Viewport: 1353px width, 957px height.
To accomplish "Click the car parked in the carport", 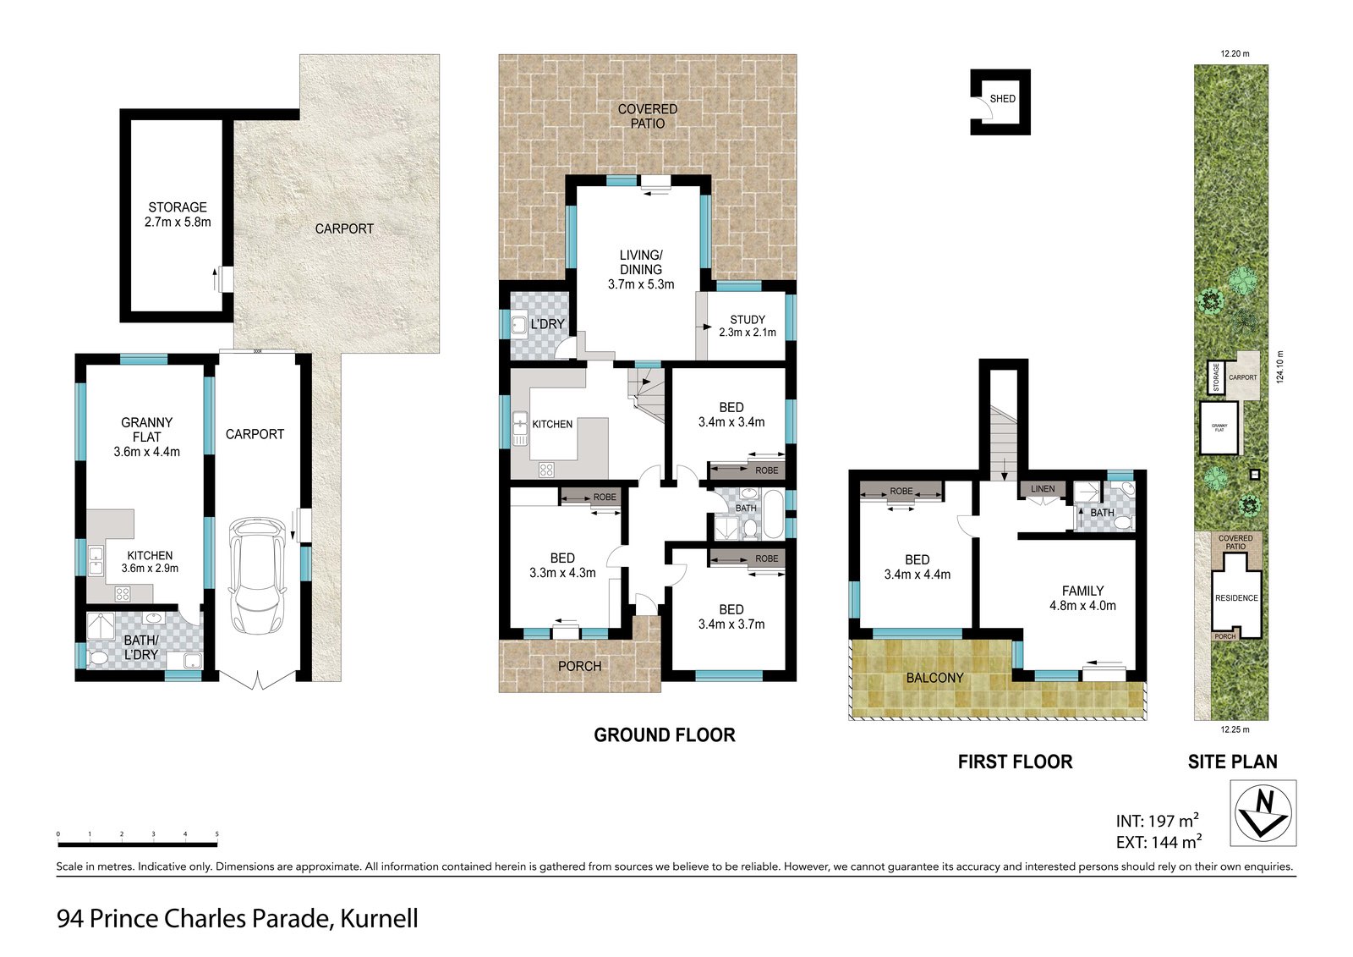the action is [257, 576].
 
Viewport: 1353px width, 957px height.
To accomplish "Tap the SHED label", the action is [1003, 98].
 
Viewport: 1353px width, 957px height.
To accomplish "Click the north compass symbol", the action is [1263, 813].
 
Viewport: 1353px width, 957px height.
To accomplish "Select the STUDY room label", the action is [748, 319].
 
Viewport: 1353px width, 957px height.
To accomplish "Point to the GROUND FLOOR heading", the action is [665, 735].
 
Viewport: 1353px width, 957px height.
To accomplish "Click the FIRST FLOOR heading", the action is [1016, 762].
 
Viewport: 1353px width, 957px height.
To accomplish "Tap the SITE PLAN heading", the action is [1233, 762].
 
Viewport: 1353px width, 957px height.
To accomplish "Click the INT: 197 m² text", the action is [1158, 821].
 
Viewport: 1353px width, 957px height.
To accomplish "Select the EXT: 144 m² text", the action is [1159, 842].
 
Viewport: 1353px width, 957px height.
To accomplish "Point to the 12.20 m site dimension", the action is [1235, 54].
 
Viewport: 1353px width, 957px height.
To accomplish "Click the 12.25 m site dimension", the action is [1235, 729].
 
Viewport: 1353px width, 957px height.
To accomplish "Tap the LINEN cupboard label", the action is [1043, 488].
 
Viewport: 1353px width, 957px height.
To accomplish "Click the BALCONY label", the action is [934, 678].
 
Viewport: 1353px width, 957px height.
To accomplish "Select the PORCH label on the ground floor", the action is [579, 666].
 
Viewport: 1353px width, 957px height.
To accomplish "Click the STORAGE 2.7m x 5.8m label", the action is [178, 215].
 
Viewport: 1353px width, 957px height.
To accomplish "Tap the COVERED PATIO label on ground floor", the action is [648, 116].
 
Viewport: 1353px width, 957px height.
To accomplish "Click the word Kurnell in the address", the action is [379, 919].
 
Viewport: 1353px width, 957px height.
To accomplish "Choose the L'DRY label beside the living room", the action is [547, 324].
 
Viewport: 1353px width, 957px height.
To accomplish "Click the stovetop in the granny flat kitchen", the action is [122, 594].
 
